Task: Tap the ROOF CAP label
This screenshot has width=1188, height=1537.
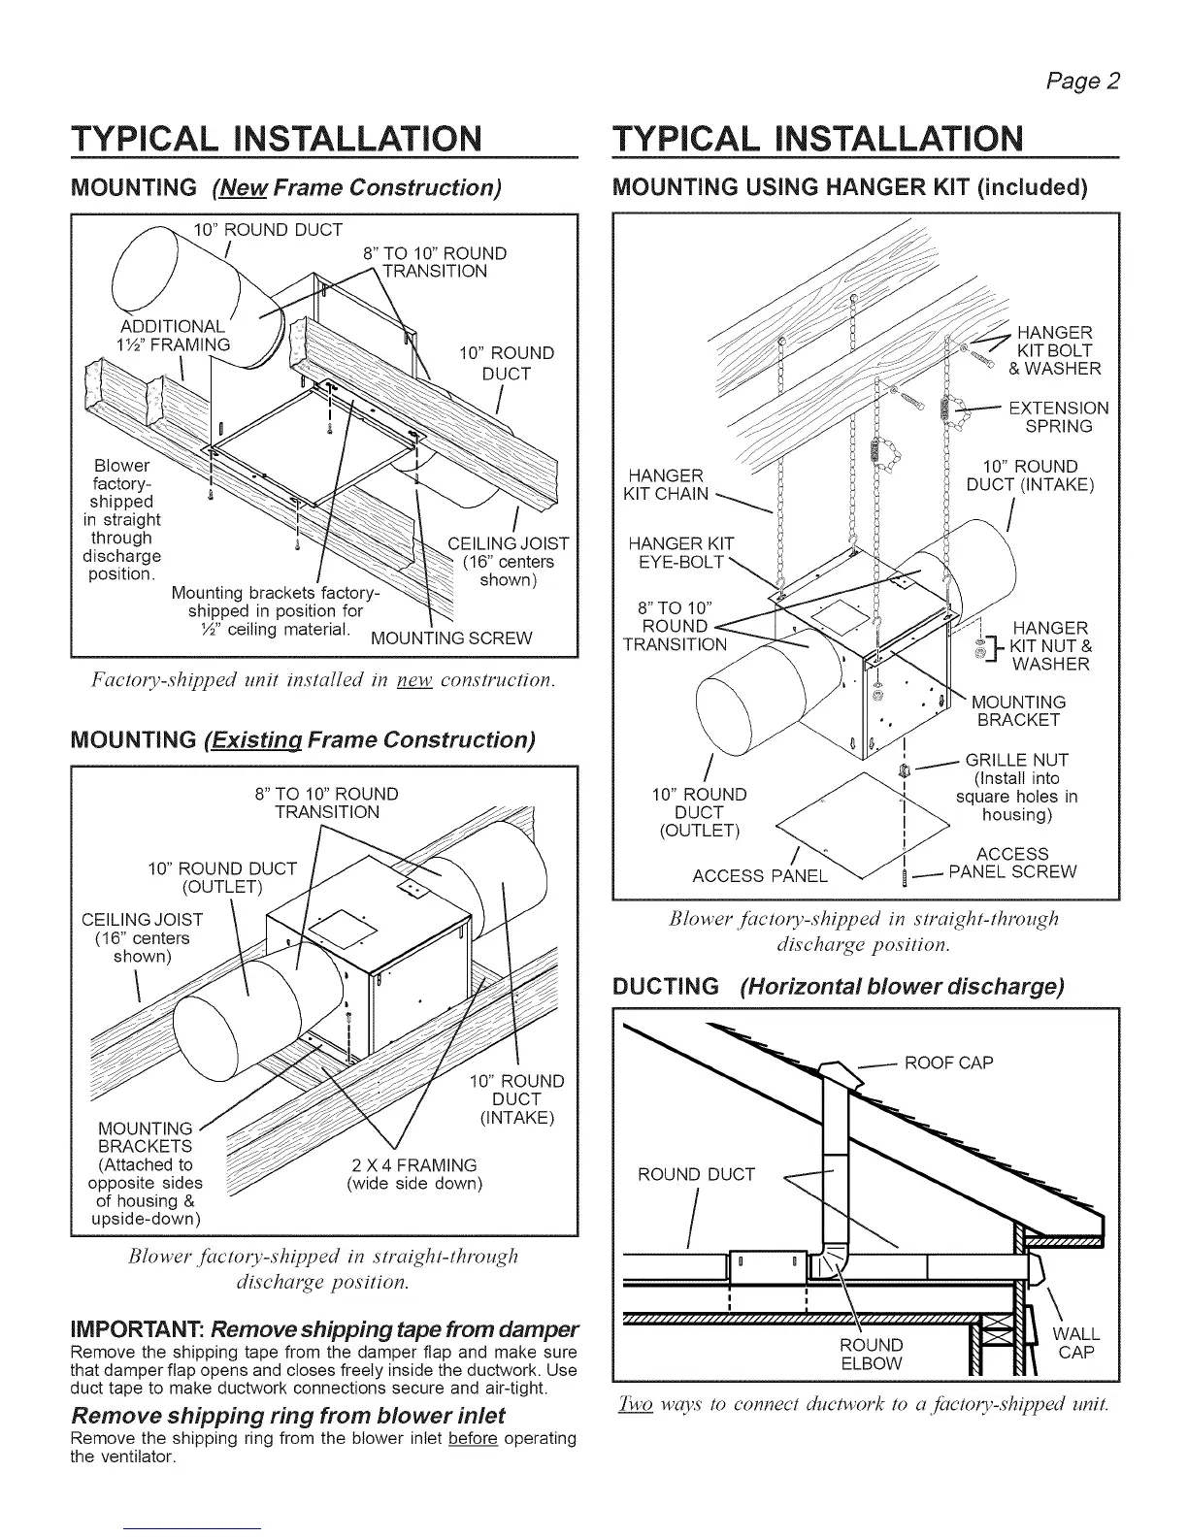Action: [x=948, y=1063]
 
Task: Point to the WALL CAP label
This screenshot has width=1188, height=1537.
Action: [x=1076, y=1344]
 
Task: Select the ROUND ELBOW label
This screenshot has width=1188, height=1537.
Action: [x=871, y=1355]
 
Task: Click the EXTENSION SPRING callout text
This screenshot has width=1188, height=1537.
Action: [x=1058, y=417]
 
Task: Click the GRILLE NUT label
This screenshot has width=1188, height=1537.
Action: [x=1016, y=760]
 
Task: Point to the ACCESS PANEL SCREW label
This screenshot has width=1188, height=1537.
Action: [x=1012, y=863]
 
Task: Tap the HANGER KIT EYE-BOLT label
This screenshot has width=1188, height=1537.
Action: [x=680, y=552]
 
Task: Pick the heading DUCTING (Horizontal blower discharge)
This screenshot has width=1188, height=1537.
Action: [x=839, y=988]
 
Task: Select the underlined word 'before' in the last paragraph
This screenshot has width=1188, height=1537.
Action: [x=473, y=1438]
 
